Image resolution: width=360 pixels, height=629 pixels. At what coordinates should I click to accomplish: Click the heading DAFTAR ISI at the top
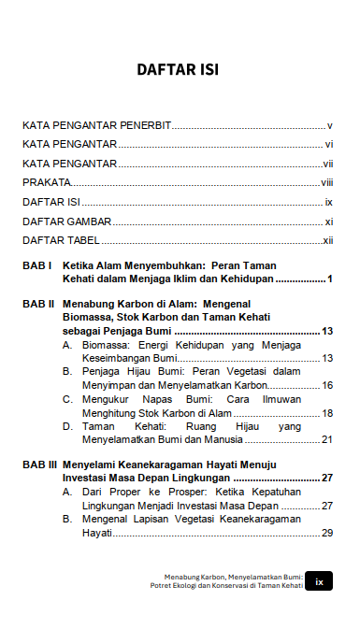coord(178,70)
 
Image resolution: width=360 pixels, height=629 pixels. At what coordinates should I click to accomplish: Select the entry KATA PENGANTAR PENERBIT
coord(96,125)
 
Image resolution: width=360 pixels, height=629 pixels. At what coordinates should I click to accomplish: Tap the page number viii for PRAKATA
coord(327,182)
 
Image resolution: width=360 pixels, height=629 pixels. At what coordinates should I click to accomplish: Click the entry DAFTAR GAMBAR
coord(67,222)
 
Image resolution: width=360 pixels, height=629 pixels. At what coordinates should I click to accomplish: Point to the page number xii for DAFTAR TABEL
coord(328,241)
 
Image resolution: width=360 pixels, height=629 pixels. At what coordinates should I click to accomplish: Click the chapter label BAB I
coord(36,266)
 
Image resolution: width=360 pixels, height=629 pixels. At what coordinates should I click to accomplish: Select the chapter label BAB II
coord(39,305)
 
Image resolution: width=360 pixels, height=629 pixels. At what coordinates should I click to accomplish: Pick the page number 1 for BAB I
coord(331,279)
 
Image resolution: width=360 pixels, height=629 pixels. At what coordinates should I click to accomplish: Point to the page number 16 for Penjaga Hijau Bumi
coord(327,385)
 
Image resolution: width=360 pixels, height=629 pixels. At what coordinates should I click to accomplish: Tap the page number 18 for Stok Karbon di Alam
coord(327,412)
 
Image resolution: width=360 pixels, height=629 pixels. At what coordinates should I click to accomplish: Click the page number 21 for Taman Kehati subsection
coord(327,438)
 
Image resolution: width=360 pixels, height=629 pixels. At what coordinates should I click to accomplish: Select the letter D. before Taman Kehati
coord(68,425)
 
